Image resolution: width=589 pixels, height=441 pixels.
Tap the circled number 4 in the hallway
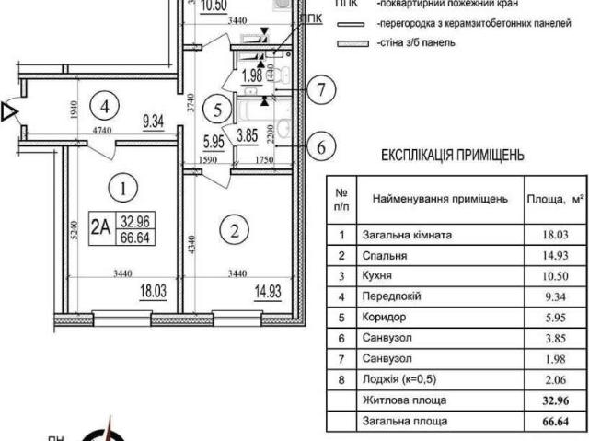click(107, 105)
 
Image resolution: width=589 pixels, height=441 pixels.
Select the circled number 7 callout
click(318, 90)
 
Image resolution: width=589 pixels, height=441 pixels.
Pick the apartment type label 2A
click(101, 226)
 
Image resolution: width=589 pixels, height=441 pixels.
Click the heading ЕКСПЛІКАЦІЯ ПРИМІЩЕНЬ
click(452, 156)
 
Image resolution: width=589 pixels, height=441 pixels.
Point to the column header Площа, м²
click(555, 198)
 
